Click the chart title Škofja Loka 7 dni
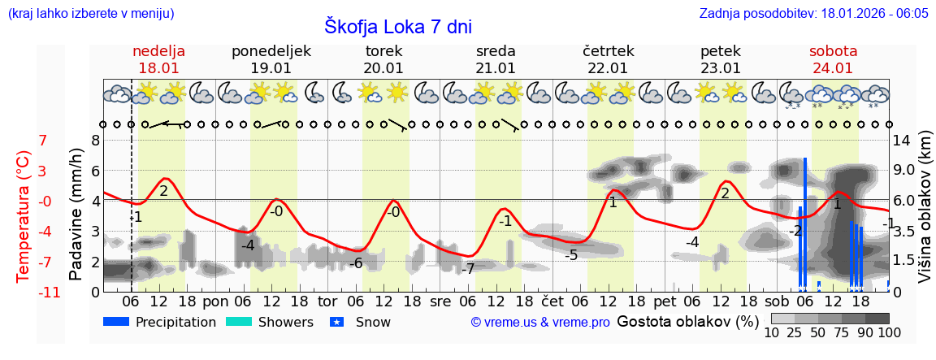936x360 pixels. coord(397,26)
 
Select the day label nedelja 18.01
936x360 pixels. coord(159,59)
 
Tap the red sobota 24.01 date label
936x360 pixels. coord(833,59)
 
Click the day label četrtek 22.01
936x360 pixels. coord(608,59)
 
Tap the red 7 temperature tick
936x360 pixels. coord(43,140)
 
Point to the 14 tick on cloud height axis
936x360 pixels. coord(903,140)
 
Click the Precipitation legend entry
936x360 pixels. coord(160,322)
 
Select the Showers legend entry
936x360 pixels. coord(269,322)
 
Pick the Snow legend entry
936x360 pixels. coord(362,322)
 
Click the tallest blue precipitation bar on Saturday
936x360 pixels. coord(805,223)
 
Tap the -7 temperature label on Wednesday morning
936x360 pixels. coord(468,269)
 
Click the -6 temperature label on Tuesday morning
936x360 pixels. coord(355,262)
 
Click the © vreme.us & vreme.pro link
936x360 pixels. coord(540,323)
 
